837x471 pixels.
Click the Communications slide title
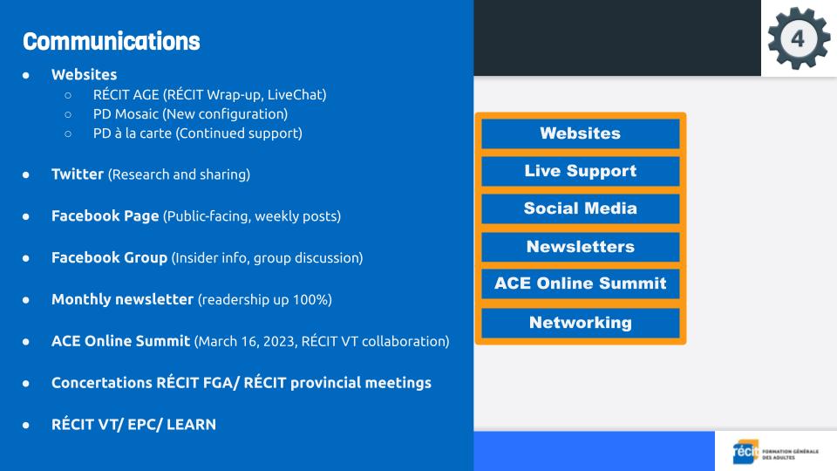(x=112, y=41)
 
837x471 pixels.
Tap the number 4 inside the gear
(x=798, y=38)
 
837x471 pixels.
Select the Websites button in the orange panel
(x=581, y=133)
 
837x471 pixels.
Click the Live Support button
(x=581, y=171)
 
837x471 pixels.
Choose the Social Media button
(x=581, y=208)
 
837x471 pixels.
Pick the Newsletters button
(x=581, y=247)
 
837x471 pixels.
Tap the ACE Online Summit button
(x=581, y=283)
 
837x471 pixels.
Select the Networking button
(x=581, y=323)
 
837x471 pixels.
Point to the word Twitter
(x=78, y=174)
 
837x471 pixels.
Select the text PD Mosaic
(x=126, y=113)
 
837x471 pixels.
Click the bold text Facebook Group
(x=110, y=257)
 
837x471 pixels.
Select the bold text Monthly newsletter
(x=122, y=299)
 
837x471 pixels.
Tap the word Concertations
(x=102, y=383)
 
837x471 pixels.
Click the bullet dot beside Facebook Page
(x=25, y=216)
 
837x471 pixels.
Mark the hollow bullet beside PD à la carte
(x=68, y=133)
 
